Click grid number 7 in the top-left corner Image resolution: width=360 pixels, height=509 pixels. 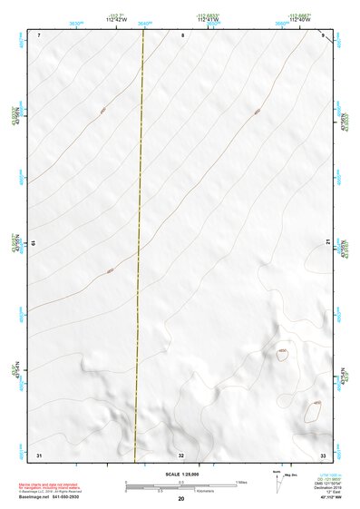(40, 34)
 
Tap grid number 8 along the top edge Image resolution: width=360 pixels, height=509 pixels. (182, 34)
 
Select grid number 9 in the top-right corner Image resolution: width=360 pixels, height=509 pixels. (323, 34)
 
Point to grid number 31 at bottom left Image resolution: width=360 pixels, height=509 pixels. (39, 454)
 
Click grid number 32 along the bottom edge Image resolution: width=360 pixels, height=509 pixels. (181, 455)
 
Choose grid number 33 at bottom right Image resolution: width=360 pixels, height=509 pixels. (323, 454)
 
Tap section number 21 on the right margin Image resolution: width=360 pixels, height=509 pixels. (326, 240)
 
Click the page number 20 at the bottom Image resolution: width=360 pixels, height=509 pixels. (181, 498)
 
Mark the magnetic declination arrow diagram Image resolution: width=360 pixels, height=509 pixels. (277, 481)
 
